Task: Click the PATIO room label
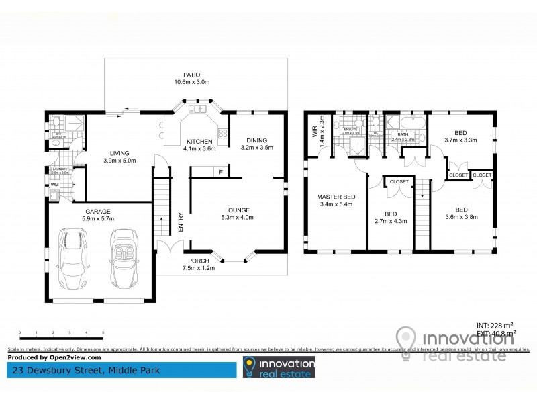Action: [x=193, y=75]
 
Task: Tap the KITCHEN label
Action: [x=199, y=141]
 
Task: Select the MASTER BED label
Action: [x=336, y=197]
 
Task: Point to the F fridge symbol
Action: [x=220, y=173]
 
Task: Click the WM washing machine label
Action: [x=54, y=184]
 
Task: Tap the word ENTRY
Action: [x=180, y=222]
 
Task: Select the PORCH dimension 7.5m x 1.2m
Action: [x=197, y=268]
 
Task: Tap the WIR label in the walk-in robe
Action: [x=313, y=130]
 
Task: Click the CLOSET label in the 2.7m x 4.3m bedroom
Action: [x=399, y=181]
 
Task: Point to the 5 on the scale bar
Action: [x=103, y=332]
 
